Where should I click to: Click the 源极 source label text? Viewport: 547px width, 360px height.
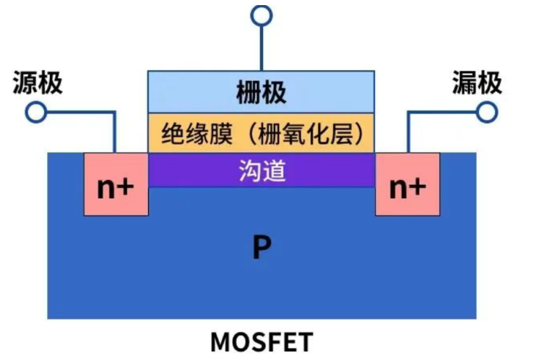point(38,83)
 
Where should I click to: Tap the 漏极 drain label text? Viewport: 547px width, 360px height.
point(477,83)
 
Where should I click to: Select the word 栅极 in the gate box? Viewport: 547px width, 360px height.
point(261,93)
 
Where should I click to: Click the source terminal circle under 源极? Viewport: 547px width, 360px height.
point(35,112)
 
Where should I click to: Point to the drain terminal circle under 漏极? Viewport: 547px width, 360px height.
point(487,112)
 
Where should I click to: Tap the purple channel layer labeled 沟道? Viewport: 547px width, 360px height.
point(261,171)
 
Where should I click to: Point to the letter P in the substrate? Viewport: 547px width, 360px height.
point(261,248)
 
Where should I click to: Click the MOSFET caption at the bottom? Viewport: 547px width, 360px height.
point(261,340)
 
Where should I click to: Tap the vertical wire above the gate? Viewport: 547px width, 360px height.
point(261,47)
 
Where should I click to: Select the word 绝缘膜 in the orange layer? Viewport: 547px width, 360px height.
point(191,134)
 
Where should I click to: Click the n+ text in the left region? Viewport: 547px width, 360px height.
point(116,187)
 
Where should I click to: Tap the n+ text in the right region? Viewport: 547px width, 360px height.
point(408,187)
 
